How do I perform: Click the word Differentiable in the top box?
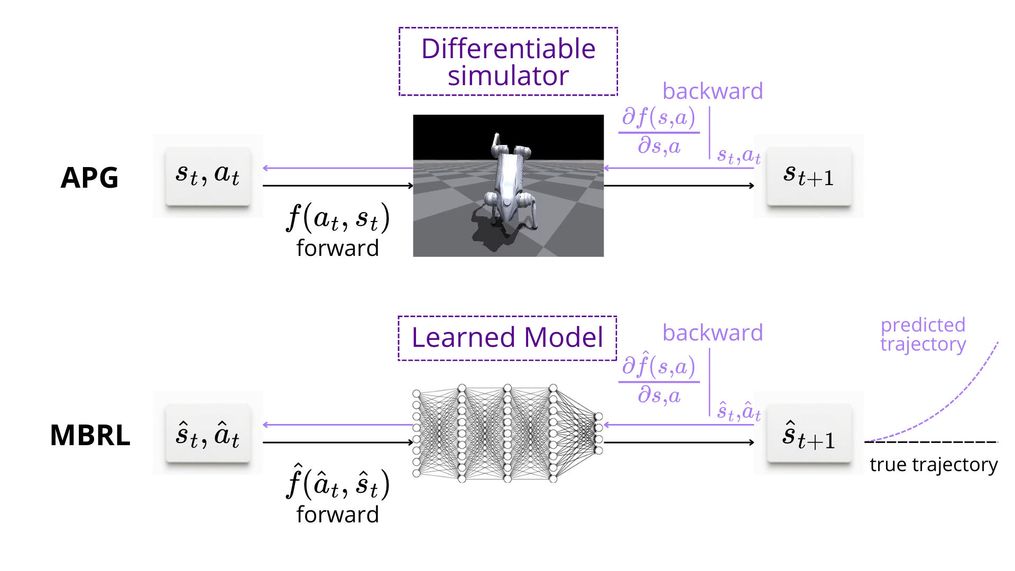pyautogui.click(x=508, y=49)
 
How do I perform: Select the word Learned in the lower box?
pyautogui.click(x=463, y=338)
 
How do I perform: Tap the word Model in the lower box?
pyautogui.click(x=564, y=338)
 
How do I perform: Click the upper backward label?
pyautogui.click(x=712, y=91)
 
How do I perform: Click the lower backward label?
pyautogui.click(x=712, y=333)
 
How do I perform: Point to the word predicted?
pyautogui.click(x=922, y=325)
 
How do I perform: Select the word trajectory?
pyautogui.click(x=923, y=345)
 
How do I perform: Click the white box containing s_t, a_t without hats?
pyautogui.click(x=208, y=176)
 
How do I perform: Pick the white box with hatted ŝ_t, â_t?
pyautogui.click(x=208, y=433)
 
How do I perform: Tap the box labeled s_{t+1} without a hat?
pyautogui.click(x=809, y=176)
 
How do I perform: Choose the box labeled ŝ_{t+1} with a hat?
pyautogui.click(x=809, y=433)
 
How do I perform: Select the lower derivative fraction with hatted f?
pyautogui.click(x=659, y=380)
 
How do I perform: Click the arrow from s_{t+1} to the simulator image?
pyautogui.click(x=679, y=168)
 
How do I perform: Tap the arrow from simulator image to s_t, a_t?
pyautogui.click(x=338, y=168)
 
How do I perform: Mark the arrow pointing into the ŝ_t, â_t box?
pyautogui.click(x=338, y=425)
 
